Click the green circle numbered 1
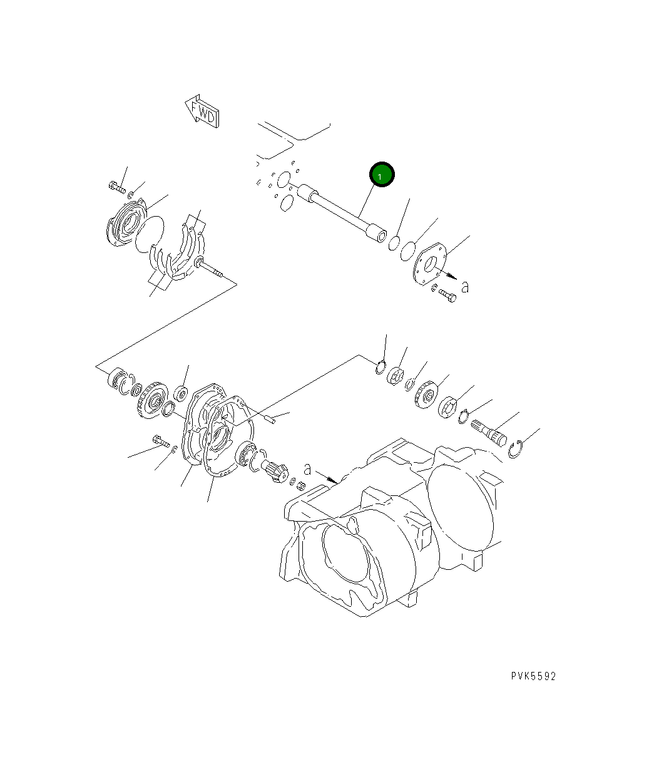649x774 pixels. [x=382, y=175]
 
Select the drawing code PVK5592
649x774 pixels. [x=533, y=676]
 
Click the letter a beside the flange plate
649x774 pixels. [x=464, y=287]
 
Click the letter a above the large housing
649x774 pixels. [x=307, y=468]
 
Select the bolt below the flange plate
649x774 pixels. [x=447, y=295]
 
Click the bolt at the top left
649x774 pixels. [x=116, y=186]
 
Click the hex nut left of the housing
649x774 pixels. [x=299, y=485]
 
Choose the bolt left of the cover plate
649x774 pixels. [x=160, y=442]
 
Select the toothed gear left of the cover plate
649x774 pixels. [x=150, y=401]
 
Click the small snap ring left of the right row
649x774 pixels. [x=381, y=368]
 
